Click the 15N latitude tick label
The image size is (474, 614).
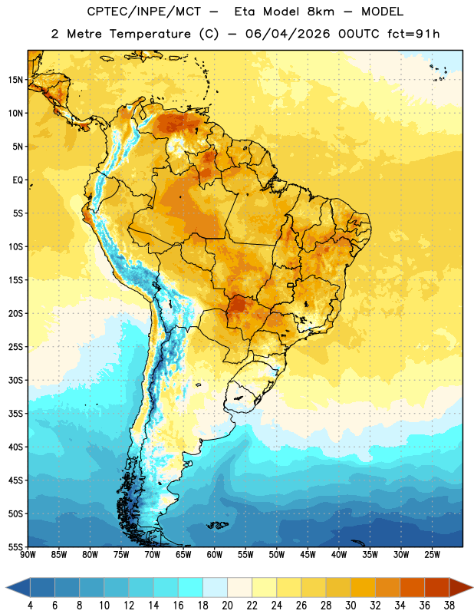click(x=15, y=80)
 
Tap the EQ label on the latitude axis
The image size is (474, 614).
click(x=18, y=180)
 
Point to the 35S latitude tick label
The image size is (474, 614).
click(x=15, y=414)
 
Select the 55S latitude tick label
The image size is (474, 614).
click(x=15, y=546)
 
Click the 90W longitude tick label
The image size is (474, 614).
click(x=28, y=555)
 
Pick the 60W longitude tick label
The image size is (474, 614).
click(x=215, y=555)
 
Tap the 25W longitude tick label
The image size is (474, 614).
click(x=432, y=555)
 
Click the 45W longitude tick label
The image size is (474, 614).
click(x=308, y=555)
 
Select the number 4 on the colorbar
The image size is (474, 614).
click(x=30, y=606)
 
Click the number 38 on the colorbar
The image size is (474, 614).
click(x=449, y=606)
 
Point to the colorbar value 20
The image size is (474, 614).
click(x=227, y=606)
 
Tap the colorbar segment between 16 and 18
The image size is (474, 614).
click(x=191, y=588)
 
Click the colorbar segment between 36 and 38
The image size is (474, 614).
click(x=437, y=588)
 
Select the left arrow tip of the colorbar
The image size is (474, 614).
click(x=6, y=588)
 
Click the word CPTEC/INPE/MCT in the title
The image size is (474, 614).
click(x=144, y=12)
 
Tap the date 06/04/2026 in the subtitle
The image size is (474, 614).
click(x=288, y=34)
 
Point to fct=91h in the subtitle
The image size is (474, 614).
click(x=413, y=34)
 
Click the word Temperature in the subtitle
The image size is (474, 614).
click(x=150, y=35)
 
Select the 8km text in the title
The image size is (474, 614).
click(x=321, y=12)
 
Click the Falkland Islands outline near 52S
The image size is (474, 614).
click(x=217, y=525)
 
